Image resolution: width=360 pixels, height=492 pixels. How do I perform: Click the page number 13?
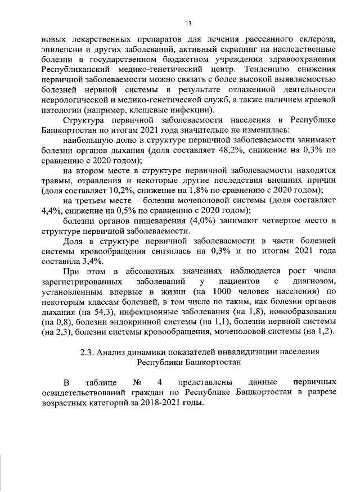(188, 22)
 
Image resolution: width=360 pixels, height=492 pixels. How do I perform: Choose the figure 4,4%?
(52, 210)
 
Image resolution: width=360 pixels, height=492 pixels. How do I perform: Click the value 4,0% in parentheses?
(200, 220)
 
